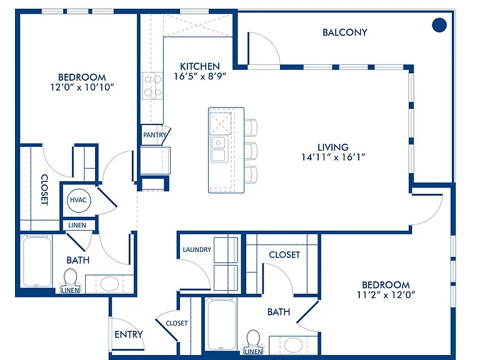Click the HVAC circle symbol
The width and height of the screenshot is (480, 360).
[x=79, y=201]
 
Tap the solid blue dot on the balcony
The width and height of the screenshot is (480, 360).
[x=439, y=25]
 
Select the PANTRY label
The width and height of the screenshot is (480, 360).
[x=154, y=135]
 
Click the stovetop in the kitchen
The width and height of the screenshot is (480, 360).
[x=152, y=86]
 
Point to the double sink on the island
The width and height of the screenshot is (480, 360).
[x=218, y=149]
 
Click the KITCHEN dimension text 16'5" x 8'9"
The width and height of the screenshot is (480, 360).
[x=200, y=76]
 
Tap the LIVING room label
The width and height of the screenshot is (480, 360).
[x=333, y=147]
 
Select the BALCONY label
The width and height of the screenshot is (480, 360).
[x=345, y=32]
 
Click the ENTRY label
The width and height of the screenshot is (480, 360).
[x=129, y=334]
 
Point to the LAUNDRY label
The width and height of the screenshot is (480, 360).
[x=197, y=250]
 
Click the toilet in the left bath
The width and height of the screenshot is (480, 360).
[x=71, y=279]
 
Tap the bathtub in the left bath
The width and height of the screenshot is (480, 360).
[x=37, y=262]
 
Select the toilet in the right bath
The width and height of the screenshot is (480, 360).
[x=253, y=341]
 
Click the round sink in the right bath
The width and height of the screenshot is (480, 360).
[x=293, y=345]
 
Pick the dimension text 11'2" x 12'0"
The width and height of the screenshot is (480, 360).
[x=386, y=295]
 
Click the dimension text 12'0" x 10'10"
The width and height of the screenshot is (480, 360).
[x=82, y=87]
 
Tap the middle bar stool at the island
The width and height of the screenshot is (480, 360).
[x=251, y=151]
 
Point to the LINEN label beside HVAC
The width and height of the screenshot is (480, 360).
[x=77, y=226]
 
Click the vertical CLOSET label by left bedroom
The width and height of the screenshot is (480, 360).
[x=45, y=189]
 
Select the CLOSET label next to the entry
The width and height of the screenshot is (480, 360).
[x=177, y=323]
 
